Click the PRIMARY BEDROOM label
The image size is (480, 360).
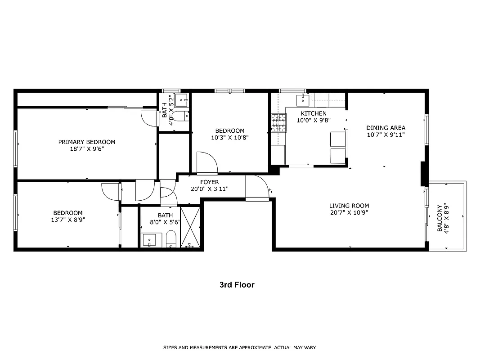click(87, 142)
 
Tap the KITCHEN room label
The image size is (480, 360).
click(314, 113)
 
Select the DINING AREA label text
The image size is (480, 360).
click(386, 127)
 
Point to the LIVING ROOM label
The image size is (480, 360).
click(349, 206)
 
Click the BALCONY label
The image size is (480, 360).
click(440, 219)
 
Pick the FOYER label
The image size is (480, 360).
click(210, 182)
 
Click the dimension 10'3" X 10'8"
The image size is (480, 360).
click(229, 138)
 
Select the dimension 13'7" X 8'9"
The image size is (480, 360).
click(68, 220)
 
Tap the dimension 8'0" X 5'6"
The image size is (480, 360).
click(165, 222)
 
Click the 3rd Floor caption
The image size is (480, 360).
click(237, 285)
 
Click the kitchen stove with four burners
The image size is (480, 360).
click(278, 123)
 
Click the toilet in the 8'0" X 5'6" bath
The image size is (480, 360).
click(171, 238)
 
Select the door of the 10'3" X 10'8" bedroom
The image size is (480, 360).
click(207, 163)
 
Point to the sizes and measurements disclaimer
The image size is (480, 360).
click(239, 347)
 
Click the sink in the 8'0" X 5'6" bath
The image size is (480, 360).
click(150, 240)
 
